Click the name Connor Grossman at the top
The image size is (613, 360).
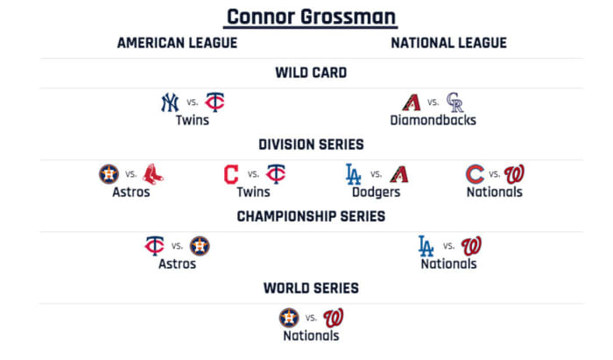click(311, 16)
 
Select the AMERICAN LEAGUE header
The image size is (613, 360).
click(177, 43)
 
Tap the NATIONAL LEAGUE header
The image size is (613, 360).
click(448, 43)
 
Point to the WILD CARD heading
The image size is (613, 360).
click(311, 73)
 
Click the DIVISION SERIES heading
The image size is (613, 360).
click(311, 145)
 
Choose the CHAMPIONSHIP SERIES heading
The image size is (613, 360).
click(311, 216)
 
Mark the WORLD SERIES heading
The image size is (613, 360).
click(311, 287)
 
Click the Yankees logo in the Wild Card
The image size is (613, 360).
click(170, 102)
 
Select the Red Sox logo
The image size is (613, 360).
click(153, 174)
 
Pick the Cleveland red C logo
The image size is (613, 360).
click(231, 174)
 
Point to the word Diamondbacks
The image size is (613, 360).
click(433, 120)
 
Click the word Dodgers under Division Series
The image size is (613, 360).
click(377, 192)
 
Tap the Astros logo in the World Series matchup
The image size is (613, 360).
click(289, 317)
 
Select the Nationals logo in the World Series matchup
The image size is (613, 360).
click(334, 317)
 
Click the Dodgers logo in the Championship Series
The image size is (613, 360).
click(426, 246)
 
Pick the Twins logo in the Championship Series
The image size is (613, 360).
click(155, 246)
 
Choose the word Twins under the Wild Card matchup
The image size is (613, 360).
click(192, 120)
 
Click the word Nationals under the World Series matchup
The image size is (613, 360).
click(311, 335)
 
